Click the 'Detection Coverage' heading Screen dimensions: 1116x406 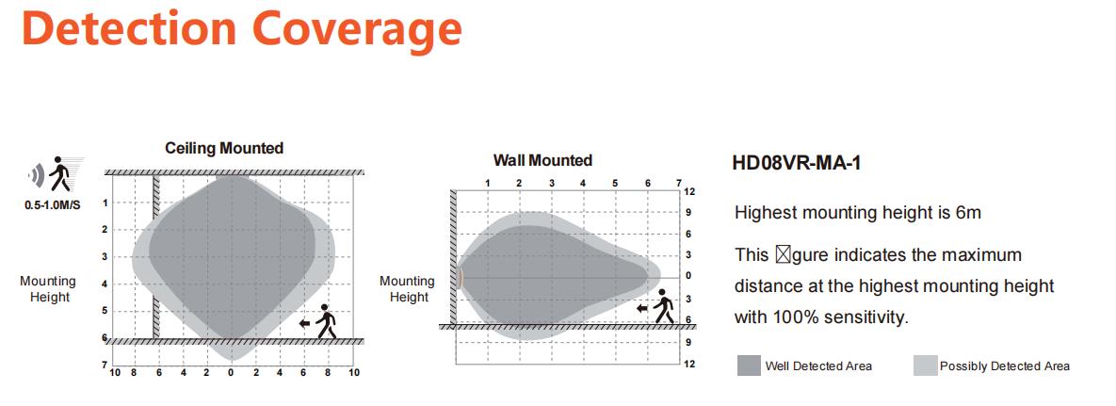242,28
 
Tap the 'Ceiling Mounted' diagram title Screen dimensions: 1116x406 224,148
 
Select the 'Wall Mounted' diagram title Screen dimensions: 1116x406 543,160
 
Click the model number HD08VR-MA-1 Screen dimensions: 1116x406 797,163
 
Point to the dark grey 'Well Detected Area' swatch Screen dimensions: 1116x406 750,365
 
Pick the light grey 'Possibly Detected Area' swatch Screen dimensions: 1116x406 925,365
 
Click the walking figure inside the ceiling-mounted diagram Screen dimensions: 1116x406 326,321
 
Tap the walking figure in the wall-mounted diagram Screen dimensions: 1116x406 664,306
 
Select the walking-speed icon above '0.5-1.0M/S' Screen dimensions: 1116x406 57,174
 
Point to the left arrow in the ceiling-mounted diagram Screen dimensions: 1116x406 304,323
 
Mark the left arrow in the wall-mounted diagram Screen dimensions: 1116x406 642,308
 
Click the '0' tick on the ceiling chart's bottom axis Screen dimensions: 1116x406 231,372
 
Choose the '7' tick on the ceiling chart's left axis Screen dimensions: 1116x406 105,365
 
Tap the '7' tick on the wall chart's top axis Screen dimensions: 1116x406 678,183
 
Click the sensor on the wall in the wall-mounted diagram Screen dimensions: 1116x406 460,276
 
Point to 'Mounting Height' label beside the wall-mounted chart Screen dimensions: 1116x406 409,289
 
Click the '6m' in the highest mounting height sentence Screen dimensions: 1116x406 968,212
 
